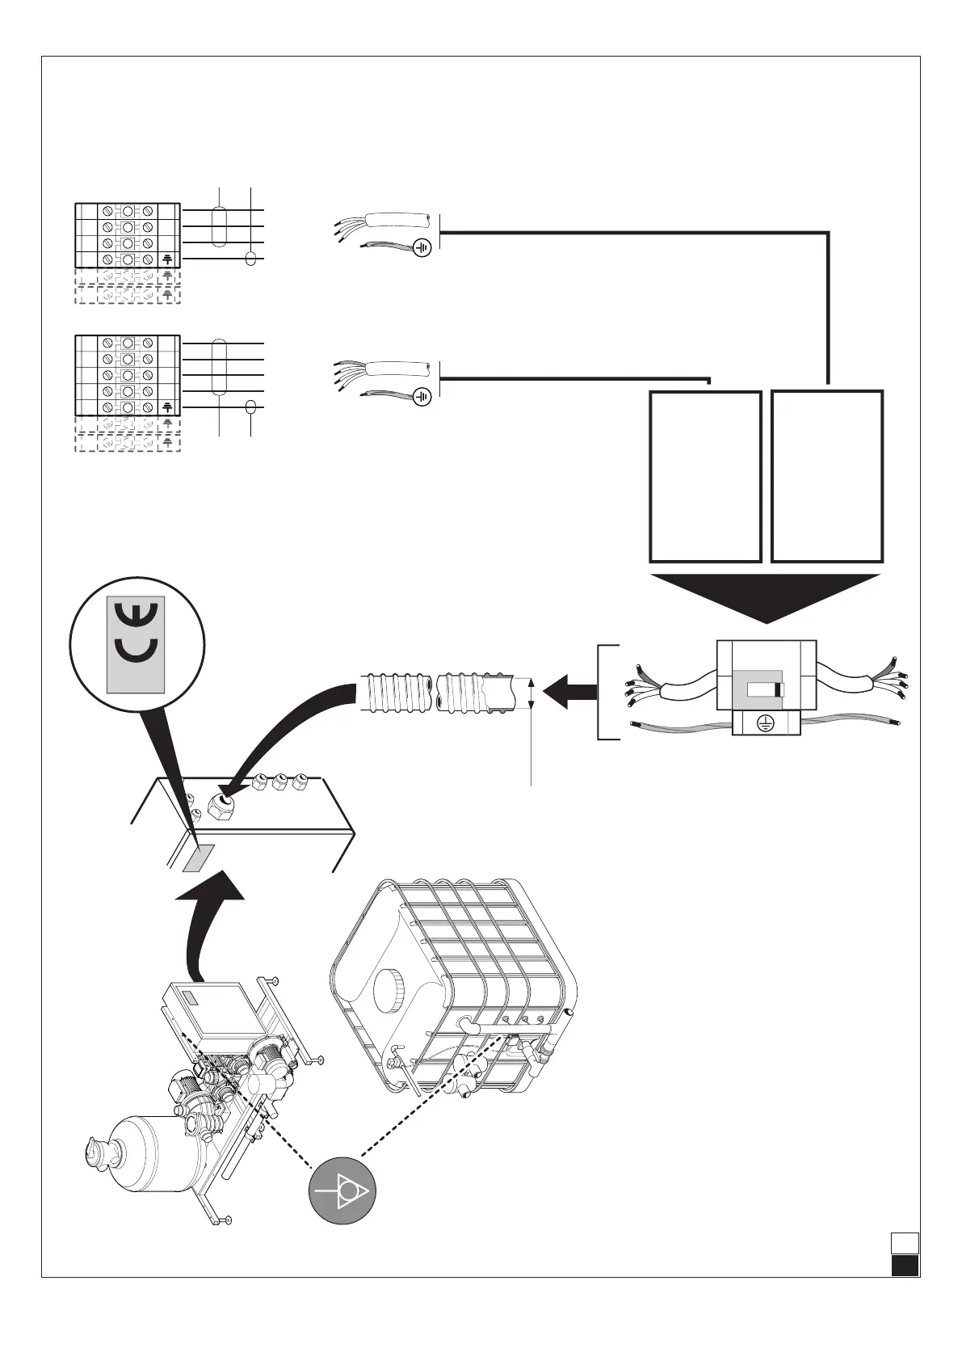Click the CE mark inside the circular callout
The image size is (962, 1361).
[136, 644]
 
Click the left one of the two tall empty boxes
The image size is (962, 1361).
[705, 476]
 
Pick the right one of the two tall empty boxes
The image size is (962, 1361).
[827, 476]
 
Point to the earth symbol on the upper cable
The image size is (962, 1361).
[422, 247]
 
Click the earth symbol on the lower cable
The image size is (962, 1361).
[422, 396]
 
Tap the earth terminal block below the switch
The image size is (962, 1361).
[763, 723]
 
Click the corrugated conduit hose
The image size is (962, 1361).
[436, 693]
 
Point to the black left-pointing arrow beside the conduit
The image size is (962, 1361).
[569, 693]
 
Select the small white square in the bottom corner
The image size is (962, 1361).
[905, 1265]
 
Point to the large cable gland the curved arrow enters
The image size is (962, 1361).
[221, 806]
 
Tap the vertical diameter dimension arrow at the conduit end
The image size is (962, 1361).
[531, 693]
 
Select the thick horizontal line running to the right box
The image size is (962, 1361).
[630, 233]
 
